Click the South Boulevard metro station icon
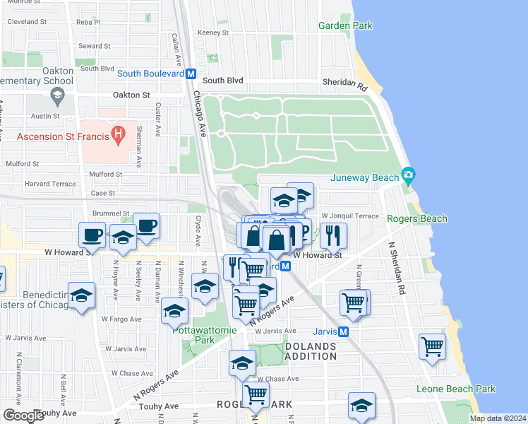pyautogui.click(x=191, y=73)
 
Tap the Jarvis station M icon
pyautogui.click(x=344, y=331)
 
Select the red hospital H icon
pyautogui.click(x=119, y=131)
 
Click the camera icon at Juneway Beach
pyautogui.click(x=407, y=174)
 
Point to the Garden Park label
pyautogui.click(x=344, y=25)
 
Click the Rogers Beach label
pyautogui.click(x=418, y=218)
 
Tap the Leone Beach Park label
pyautogui.click(x=455, y=389)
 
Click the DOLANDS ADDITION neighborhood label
pyautogui.click(x=311, y=351)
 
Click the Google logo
pyautogui.click(x=23, y=416)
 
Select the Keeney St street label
pyautogui.click(x=213, y=33)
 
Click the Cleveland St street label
pyautogui.click(x=27, y=22)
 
